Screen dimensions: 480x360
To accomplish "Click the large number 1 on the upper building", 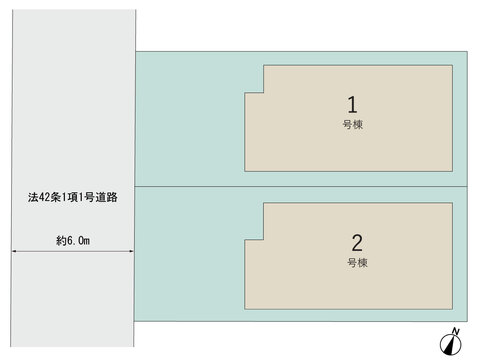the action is click(x=352, y=105).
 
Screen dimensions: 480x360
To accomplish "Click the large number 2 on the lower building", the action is click(x=357, y=243).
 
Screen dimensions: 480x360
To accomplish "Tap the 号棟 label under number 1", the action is click(x=353, y=125).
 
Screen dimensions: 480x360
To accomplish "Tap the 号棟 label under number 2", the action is click(x=357, y=263).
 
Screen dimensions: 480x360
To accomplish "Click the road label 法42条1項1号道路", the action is click(x=73, y=197).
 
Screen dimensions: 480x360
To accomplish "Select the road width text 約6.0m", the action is click(x=73, y=240).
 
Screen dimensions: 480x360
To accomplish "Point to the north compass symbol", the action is click(x=450, y=345).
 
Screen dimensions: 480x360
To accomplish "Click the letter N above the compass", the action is click(x=456, y=331).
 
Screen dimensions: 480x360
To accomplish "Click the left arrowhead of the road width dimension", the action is click(x=14, y=251).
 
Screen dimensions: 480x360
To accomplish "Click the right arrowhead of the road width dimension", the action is click(x=131, y=251).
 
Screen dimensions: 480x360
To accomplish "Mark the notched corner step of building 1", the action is click(x=263, y=92).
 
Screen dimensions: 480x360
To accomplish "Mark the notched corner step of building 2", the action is click(x=263, y=239).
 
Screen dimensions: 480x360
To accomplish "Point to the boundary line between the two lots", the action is click(x=301, y=186).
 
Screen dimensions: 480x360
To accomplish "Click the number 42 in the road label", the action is click(x=44, y=197).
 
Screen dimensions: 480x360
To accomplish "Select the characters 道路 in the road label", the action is click(x=107, y=197).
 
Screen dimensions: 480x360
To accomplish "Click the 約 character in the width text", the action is click(x=61, y=241).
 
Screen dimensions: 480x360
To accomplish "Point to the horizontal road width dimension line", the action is click(x=73, y=251).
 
